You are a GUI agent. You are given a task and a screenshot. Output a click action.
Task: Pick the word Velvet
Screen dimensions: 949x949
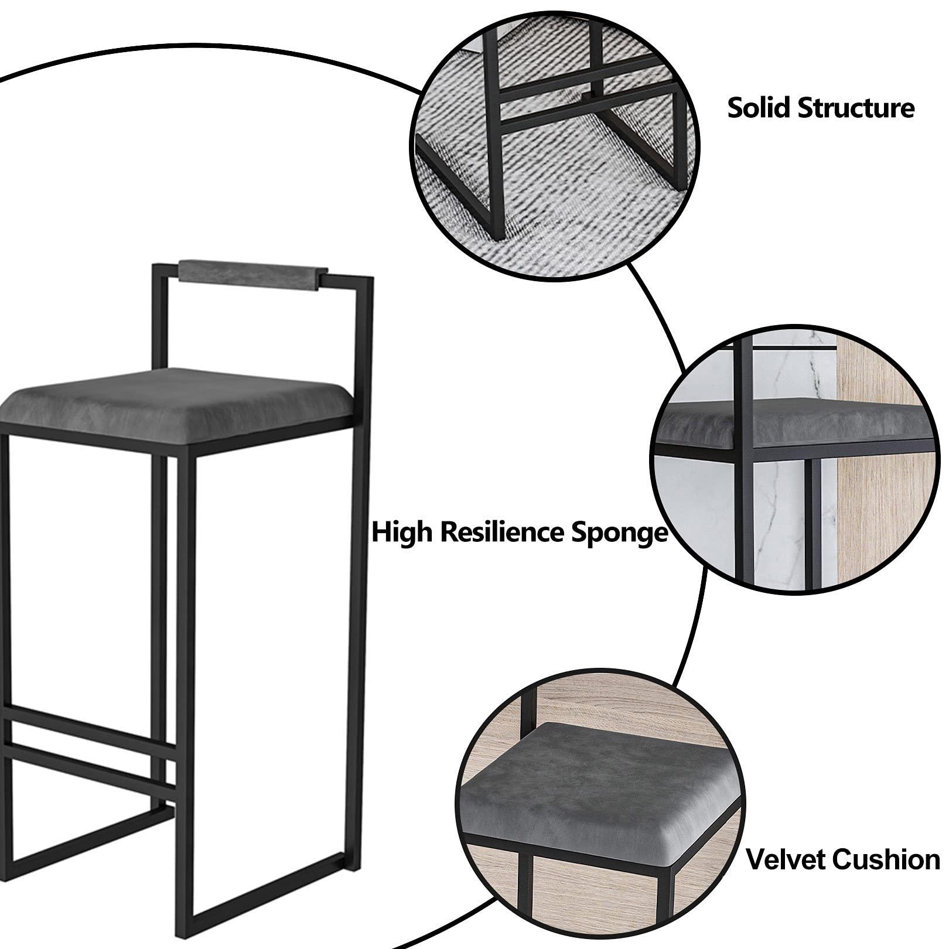[785, 859]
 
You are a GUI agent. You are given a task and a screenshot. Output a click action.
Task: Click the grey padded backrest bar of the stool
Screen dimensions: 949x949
[252, 275]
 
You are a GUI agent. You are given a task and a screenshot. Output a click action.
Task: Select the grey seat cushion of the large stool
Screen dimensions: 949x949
[176, 398]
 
